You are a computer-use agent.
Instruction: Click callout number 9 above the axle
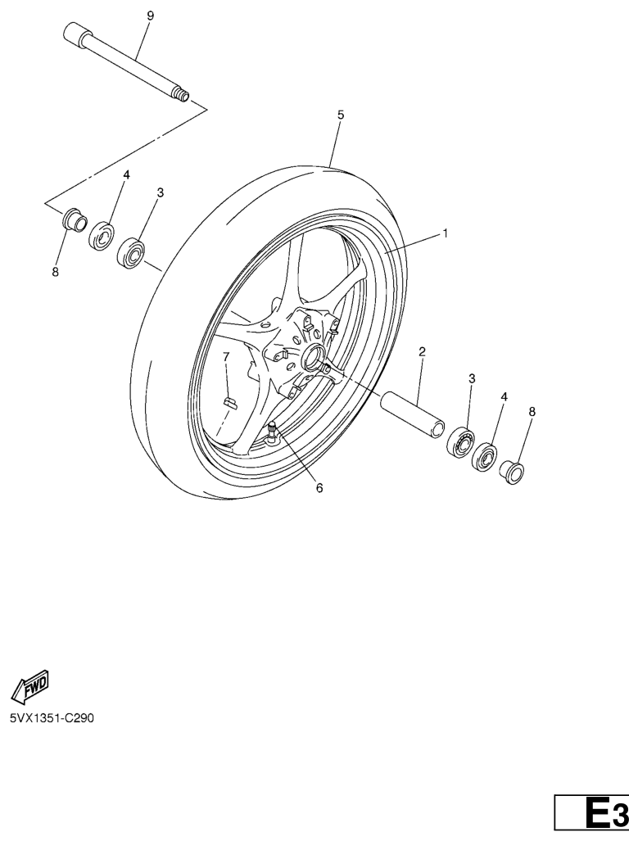coord(150,16)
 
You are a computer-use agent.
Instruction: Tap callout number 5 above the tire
coord(341,115)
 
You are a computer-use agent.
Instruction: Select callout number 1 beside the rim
coord(445,233)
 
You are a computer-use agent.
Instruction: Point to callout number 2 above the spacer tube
coord(422,351)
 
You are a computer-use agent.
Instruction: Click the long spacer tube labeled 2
coord(412,412)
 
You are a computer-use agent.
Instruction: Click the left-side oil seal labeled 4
coord(102,236)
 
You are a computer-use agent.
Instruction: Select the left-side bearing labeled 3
coord(131,253)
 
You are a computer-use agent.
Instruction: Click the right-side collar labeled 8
coord(512,472)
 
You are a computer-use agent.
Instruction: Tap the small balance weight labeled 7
coord(229,402)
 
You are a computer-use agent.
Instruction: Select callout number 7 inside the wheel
coord(226,357)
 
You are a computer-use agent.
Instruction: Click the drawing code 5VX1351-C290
coord(52,717)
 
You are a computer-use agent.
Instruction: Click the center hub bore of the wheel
coord(313,357)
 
